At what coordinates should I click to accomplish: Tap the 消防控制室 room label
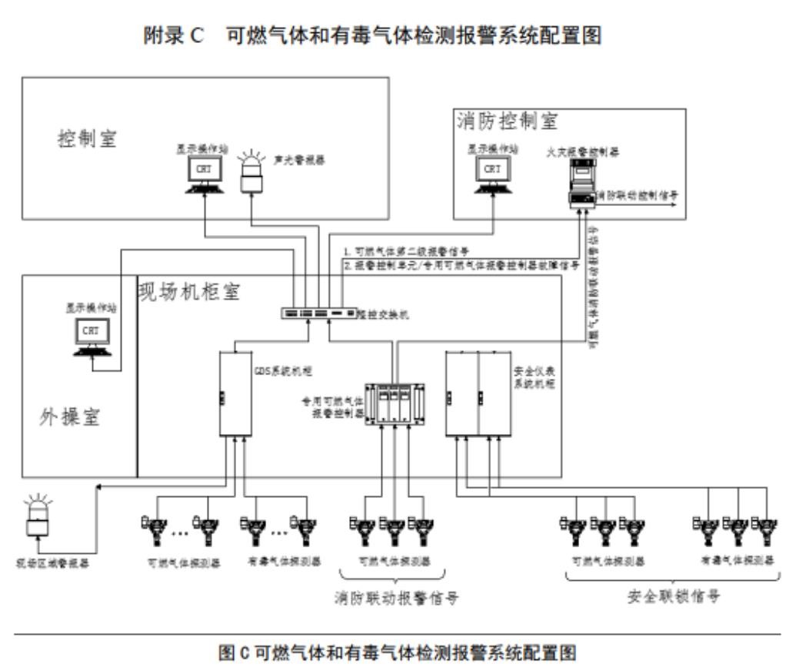click(x=507, y=121)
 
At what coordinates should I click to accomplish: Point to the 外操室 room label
click(x=70, y=418)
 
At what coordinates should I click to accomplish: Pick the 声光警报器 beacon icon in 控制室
click(x=252, y=173)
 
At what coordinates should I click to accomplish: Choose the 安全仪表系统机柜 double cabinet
click(x=478, y=394)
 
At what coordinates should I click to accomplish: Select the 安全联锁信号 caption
click(x=674, y=597)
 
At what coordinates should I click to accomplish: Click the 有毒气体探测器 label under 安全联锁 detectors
click(x=737, y=561)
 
